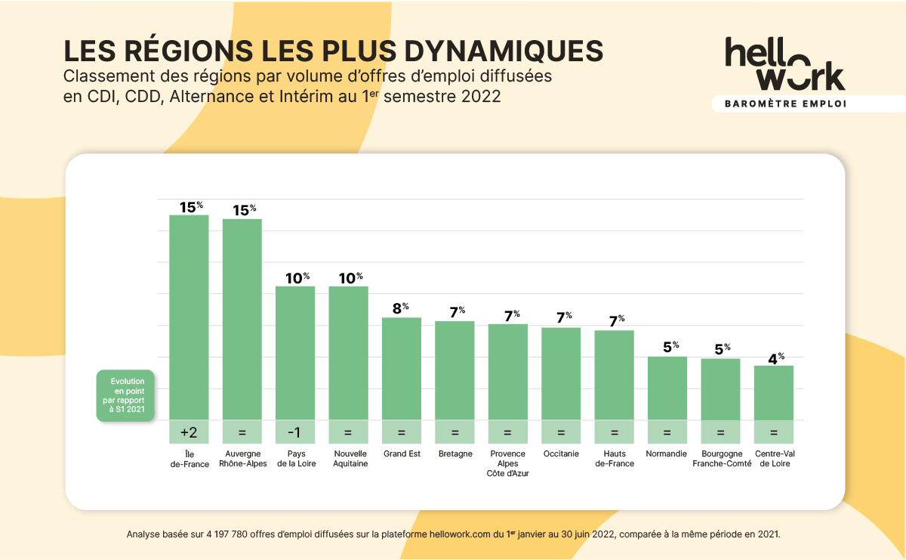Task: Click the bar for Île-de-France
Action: [189, 317]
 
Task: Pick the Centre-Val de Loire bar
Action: [773, 392]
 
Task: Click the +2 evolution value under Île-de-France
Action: [189, 432]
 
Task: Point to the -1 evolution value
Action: [295, 432]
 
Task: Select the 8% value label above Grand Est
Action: [400, 308]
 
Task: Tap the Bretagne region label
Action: [455, 454]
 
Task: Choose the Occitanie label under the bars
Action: [561, 454]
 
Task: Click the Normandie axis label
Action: [667, 454]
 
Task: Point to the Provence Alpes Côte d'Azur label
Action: [507, 463]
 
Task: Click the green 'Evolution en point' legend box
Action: [126, 395]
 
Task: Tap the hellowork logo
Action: [784, 64]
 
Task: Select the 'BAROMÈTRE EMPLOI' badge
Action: [784, 104]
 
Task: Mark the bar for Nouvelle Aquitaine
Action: [348, 352]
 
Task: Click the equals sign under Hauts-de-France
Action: [614, 432]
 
